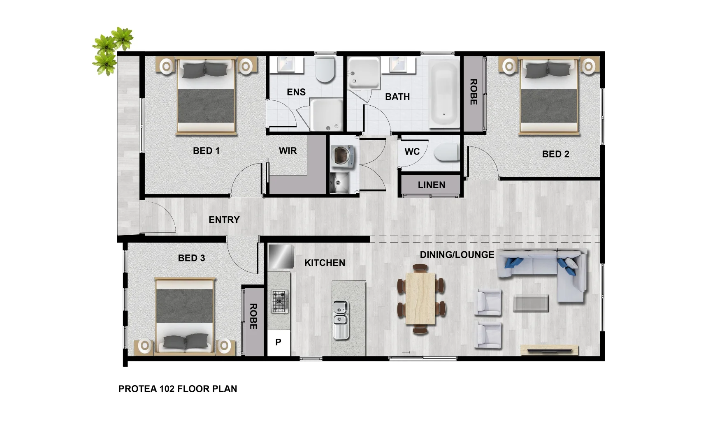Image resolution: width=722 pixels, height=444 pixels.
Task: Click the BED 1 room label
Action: pos(206,151)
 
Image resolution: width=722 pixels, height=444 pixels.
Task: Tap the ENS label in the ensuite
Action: pos(296,92)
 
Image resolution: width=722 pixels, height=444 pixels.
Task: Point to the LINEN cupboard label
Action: pos(431,185)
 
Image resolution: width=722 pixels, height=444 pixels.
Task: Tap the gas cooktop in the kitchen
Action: pos(279,301)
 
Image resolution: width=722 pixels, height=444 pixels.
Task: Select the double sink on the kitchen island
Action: pos(341,314)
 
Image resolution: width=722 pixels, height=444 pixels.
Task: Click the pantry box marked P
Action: pos(279,342)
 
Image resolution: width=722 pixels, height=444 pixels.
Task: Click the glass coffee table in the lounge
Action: pos(531,303)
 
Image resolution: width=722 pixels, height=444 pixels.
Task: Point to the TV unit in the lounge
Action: pos(549,350)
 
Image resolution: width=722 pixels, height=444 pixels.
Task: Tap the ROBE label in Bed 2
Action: pos(474,92)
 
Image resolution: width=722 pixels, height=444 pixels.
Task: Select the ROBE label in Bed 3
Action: pos(253,317)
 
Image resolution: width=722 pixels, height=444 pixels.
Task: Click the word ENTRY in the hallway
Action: pos(224,220)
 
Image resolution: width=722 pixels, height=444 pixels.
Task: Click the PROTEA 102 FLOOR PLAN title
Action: pos(177,389)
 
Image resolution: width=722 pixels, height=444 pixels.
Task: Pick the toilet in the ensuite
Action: pos(325,70)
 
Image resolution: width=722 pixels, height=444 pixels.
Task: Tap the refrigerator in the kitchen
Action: pos(281,256)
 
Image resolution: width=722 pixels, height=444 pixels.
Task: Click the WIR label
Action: pos(288,151)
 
